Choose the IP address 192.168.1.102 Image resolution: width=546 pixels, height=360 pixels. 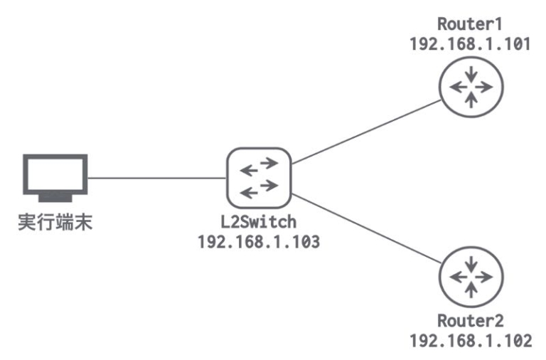pyautogui.click(x=471, y=339)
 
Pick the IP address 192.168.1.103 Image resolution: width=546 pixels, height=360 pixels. pyautogui.click(x=258, y=243)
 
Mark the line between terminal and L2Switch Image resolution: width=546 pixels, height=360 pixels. pyautogui.click(x=156, y=178)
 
